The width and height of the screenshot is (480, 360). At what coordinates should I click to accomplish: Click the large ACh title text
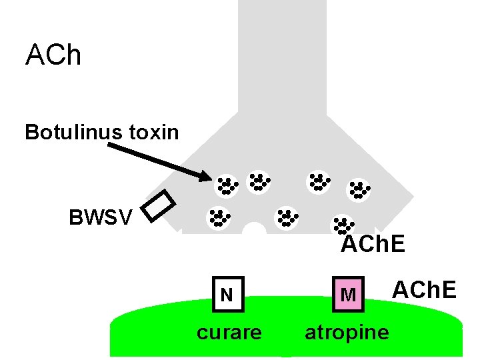pyautogui.click(x=53, y=55)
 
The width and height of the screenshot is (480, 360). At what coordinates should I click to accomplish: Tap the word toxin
pyautogui.click(x=154, y=132)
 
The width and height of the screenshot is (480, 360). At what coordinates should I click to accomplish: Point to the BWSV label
pyautogui.click(x=100, y=217)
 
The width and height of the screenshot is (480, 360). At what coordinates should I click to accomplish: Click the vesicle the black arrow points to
pyautogui.click(x=227, y=185)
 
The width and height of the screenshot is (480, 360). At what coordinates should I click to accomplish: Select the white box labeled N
pyautogui.click(x=227, y=294)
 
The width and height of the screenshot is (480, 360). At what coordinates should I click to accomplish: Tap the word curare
pyautogui.click(x=229, y=332)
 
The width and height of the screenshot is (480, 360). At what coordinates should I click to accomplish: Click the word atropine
pyautogui.click(x=346, y=332)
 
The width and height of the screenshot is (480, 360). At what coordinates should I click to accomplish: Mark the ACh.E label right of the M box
pyautogui.click(x=423, y=290)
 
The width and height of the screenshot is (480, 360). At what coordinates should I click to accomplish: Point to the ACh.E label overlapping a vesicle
pyautogui.click(x=372, y=245)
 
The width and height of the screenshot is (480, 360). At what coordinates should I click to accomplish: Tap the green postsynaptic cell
pyautogui.click(x=287, y=340)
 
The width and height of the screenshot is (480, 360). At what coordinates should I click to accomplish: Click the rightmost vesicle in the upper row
pyautogui.click(x=359, y=190)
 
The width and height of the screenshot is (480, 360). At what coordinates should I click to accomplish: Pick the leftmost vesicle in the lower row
pyautogui.click(x=218, y=217)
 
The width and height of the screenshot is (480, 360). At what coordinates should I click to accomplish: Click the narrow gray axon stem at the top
pyautogui.click(x=282, y=47)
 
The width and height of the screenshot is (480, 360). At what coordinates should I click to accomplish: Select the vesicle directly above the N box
pyautogui.click(x=218, y=217)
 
